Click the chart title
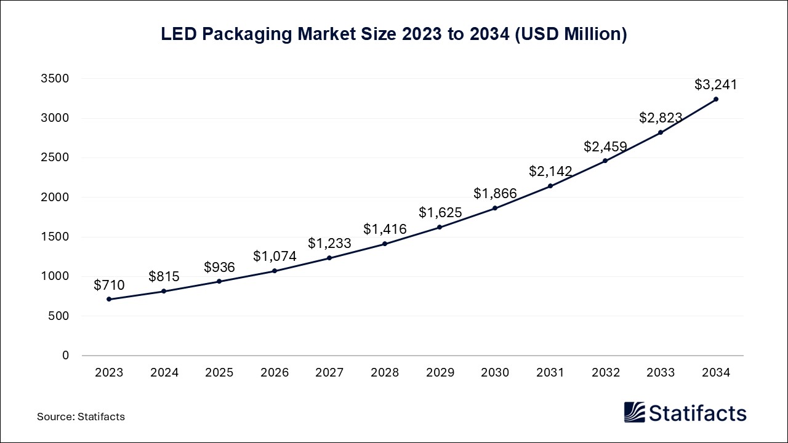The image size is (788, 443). pos(394,34)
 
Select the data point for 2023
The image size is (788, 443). pos(109,299)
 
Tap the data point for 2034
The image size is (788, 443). pos(716,99)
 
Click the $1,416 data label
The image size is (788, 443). pos(385,229)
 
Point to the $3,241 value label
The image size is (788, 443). pos(715,85)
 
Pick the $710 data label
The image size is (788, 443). pos(109,285)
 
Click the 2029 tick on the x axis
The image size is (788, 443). pos(440,372)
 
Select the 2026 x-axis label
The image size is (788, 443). pos(275,372)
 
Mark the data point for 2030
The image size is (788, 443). pos(495,208)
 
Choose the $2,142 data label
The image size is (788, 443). pos(550,172)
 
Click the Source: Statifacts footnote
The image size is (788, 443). pos(81,417)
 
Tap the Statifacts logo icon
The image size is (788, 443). pos(635,412)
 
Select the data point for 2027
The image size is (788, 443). pos(329,258)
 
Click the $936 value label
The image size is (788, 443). pos(219,268)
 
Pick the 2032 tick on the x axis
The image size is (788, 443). pos(605,372)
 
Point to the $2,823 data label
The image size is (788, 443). pos(661,118)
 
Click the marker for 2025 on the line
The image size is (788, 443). pos(219,281)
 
